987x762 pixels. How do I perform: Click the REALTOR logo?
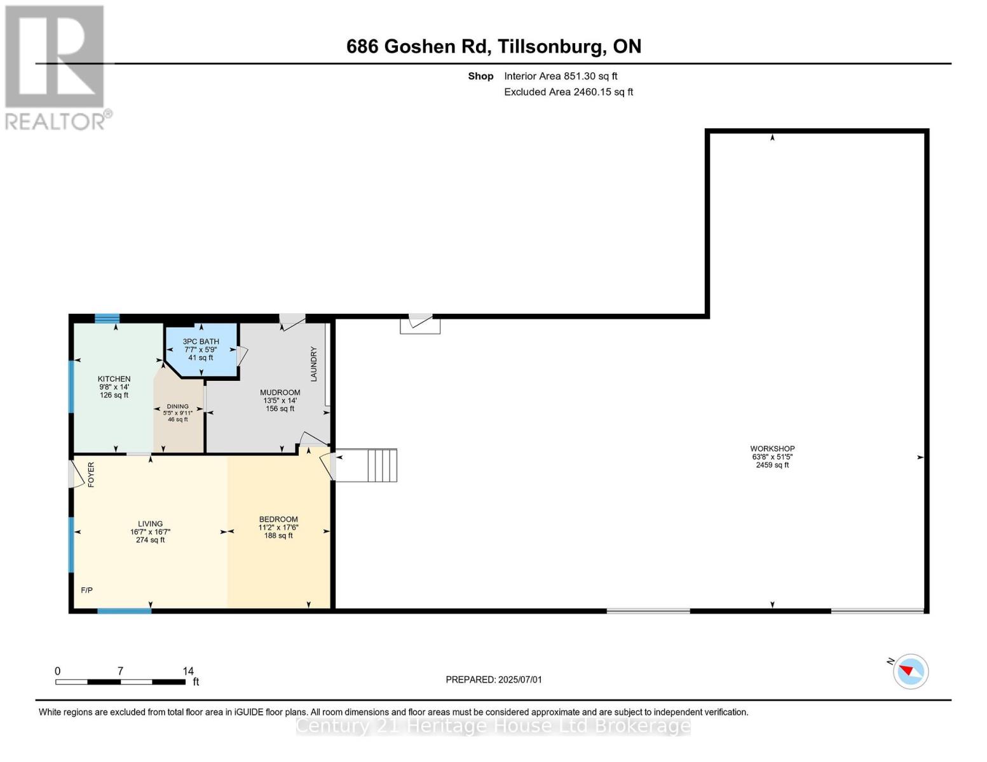coord(56,67)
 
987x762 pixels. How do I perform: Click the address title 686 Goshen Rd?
coord(493,46)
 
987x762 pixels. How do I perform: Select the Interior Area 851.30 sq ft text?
coord(561,76)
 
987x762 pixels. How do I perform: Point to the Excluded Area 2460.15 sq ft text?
coord(568,92)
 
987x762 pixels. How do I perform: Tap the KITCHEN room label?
coord(114,379)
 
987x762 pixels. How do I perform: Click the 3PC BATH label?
coord(201,342)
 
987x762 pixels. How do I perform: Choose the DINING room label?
coord(178,406)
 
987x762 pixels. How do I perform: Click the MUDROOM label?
coord(280,392)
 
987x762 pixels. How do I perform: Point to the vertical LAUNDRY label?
coord(313,364)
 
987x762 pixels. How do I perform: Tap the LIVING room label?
coord(151,524)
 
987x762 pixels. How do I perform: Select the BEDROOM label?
coord(278,519)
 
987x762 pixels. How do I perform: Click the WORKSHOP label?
coord(772,449)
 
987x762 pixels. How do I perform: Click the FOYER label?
coord(91,474)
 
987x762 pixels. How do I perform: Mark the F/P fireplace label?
coord(87,591)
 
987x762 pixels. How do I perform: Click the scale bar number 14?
coord(188,671)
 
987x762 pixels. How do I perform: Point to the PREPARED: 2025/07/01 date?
coord(494,679)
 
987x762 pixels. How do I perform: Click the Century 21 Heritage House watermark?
coord(493,726)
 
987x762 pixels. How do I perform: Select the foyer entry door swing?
coord(77,474)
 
